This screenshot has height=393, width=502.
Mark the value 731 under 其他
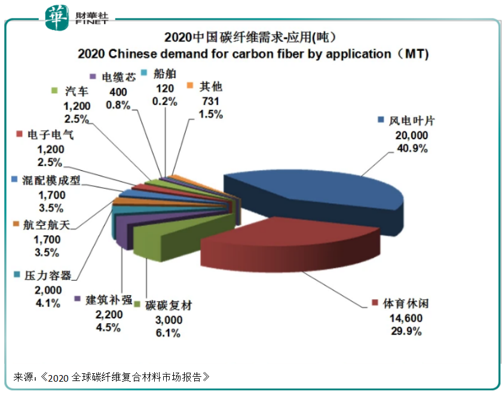point(206,100)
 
